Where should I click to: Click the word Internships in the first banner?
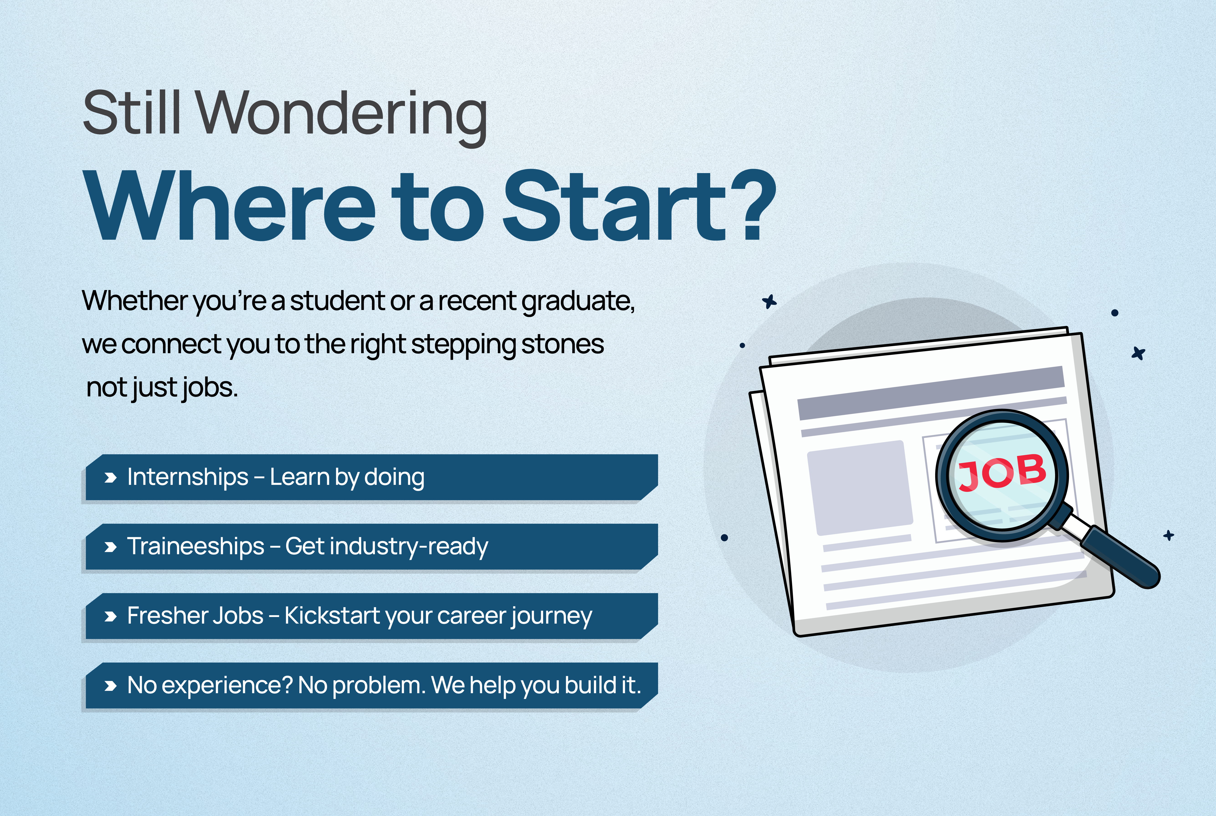click(188, 477)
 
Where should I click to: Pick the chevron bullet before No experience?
click(110, 686)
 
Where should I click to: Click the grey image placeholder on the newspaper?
click(860, 488)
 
